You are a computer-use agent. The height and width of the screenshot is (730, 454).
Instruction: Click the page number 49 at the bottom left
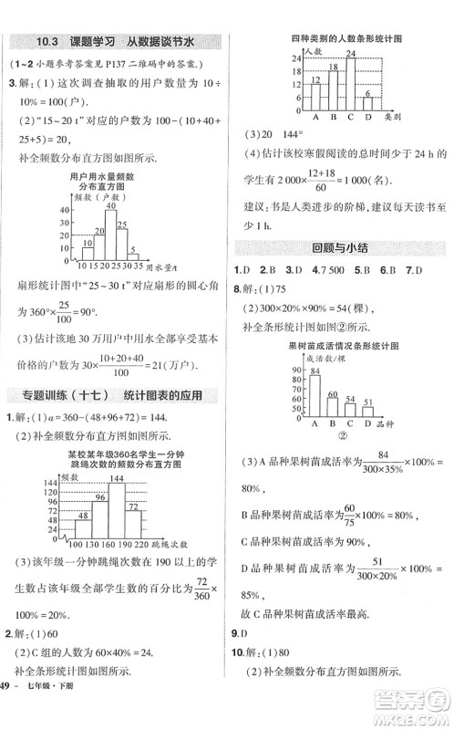coord(7,712)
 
